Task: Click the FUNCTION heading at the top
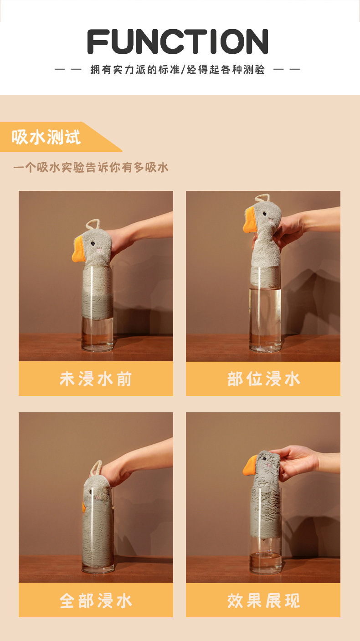[178, 41]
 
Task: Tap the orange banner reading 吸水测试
[46, 137]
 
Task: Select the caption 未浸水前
[96, 379]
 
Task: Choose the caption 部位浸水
[263, 379]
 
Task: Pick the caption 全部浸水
[96, 600]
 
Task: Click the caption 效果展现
[263, 600]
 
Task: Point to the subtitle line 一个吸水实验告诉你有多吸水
[91, 168]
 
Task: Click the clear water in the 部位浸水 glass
[265, 314]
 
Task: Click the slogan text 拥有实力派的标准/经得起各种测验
[178, 70]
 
